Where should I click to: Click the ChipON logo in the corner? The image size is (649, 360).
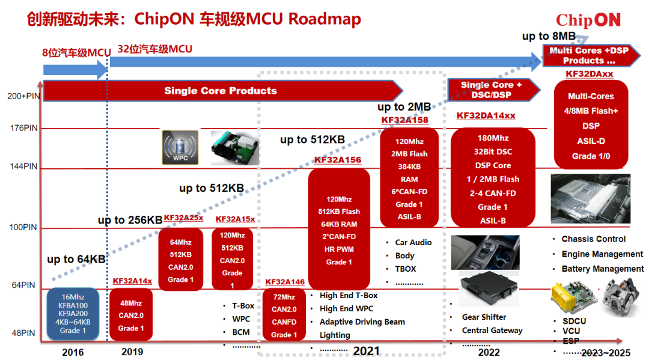tap(588, 20)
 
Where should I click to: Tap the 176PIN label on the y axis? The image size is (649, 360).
tap(23, 128)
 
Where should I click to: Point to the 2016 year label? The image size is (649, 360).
tap(73, 352)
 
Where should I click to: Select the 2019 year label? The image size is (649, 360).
tap(132, 352)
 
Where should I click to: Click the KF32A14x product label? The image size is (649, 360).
tap(132, 281)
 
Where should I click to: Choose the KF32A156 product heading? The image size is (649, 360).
tap(338, 160)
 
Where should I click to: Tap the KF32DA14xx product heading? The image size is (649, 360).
tap(486, 115)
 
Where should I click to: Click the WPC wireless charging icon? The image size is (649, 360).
tap(180, 147)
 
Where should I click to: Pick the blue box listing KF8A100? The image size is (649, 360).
tap(73, 314)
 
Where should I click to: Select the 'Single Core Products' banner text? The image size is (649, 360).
tap(220, 91)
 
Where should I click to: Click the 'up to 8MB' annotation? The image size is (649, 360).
tap(549, 36)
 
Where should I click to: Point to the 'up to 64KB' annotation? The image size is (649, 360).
tap(76, 260)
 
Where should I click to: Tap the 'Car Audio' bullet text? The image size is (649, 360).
tap(413, 242)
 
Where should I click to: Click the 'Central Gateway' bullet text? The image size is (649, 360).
tap(492, 330)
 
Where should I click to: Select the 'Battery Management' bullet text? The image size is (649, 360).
tap(603, 269)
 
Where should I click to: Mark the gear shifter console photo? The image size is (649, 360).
tap(485, 252)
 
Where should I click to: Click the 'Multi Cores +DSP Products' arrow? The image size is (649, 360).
tap(591, 55)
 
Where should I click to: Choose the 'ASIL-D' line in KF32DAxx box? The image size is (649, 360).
tap(591, 141)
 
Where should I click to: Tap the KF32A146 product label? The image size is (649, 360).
tap(285, 282)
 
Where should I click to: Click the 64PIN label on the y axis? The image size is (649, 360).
tap(23, 285)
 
